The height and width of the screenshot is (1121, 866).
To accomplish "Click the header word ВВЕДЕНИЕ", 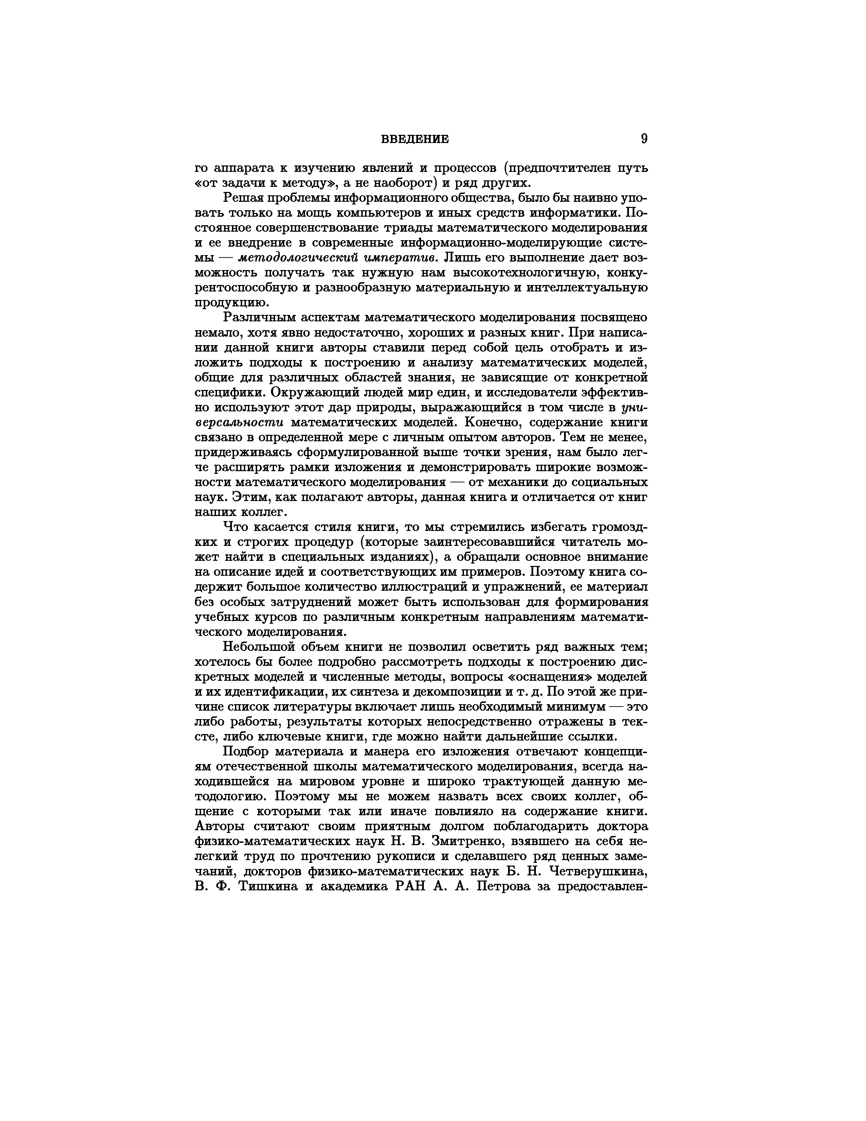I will pyautogui.click(x=415, y=139).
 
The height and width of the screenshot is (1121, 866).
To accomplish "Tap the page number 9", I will pyautogui.click(x=644, y=139).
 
